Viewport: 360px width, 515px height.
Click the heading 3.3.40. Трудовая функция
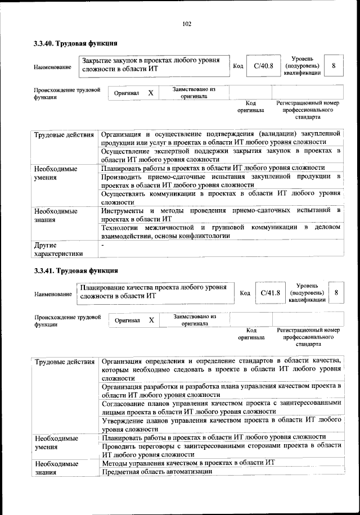(75, 43)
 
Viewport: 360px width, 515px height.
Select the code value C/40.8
(263, 66)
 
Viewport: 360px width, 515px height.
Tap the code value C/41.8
(271, 292)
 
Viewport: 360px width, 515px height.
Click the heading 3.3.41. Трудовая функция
(75, 270)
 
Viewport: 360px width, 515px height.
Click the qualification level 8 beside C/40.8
(334, 66)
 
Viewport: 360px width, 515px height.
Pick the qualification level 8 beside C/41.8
(336, 293)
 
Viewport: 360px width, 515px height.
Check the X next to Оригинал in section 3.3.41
(151, 320)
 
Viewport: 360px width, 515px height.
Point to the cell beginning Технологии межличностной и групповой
(220, 232)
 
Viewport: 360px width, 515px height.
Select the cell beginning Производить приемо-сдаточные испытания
(220, 180)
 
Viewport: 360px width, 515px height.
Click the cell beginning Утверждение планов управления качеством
(220, 424)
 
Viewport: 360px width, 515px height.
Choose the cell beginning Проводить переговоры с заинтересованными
(220, 450)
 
